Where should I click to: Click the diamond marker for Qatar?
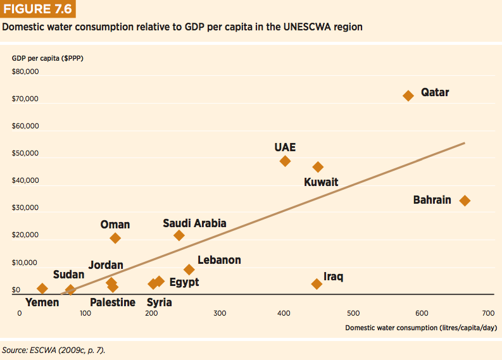[x=408, y=96]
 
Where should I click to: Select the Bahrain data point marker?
[x=465, y=201]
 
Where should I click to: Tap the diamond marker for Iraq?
[x=317, y=284]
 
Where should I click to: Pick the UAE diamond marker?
[x=285, y=161]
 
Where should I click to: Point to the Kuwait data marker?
[x=318, y=167]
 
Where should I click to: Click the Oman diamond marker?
[x=115, y=238]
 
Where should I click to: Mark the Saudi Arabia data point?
[x=179, y=235]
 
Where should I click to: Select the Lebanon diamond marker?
[x=189, y=270]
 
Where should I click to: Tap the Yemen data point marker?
[x=42, y=289]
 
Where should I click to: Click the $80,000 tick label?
[x=25, y=72]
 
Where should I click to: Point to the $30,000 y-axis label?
[x=25, y=208]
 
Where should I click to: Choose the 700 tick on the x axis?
[x=488, y=313]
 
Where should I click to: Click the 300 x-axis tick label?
[x=220, y=313]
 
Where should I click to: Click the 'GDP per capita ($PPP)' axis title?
[x=47, y=58]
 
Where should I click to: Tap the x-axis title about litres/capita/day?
[x=420, y=328]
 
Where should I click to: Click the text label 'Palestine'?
[x=113, y=302]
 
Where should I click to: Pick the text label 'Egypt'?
[x=184, y=282]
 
